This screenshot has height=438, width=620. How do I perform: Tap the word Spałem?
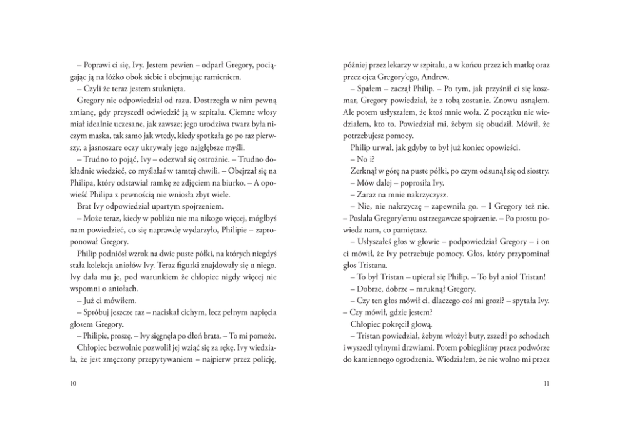tap(366, 88)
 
